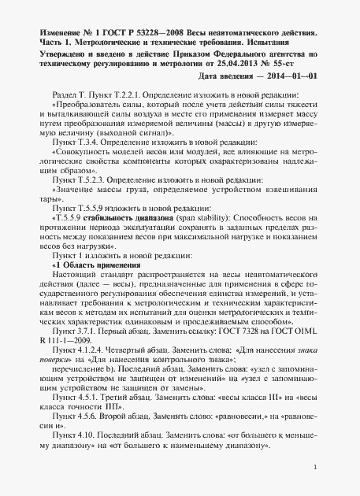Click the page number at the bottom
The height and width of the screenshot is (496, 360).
tap(314, 468)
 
